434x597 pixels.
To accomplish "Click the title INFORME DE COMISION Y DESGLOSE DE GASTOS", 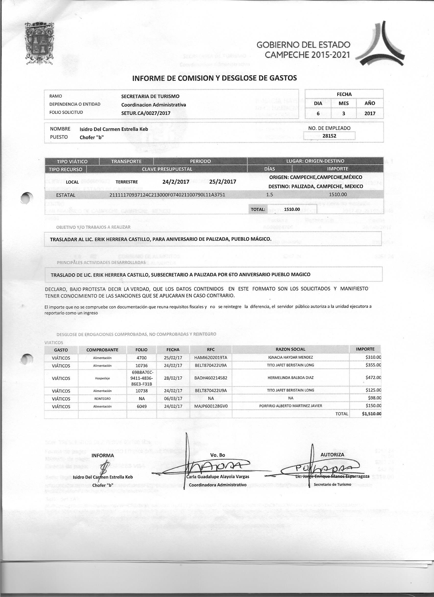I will click(214, 78).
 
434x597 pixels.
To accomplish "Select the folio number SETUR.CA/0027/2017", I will click(146, 113).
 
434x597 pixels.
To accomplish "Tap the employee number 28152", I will click(329, 136).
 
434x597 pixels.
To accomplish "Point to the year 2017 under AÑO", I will click(370, 114).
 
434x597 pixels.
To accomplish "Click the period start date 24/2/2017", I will click(176, 182).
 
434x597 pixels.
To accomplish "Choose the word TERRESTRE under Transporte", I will click(127, 182).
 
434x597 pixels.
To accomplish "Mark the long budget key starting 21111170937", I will click(167, 195).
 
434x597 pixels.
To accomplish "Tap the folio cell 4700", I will click(141, 358).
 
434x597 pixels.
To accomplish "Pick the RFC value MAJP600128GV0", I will click(211, 406).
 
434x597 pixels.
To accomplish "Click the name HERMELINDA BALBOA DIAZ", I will click(290, 378).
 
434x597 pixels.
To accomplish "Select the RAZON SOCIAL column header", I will click(290, 349).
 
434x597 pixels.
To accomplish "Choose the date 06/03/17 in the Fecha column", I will click(173, 399).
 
